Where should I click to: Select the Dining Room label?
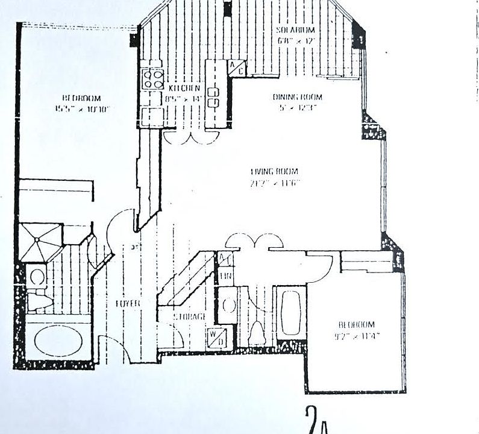297,97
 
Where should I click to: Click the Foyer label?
128,304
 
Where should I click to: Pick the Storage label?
189,316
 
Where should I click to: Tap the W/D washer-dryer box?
215,335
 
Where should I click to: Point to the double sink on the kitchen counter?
213,96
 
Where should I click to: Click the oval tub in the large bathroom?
58,341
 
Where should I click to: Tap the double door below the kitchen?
189,137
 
